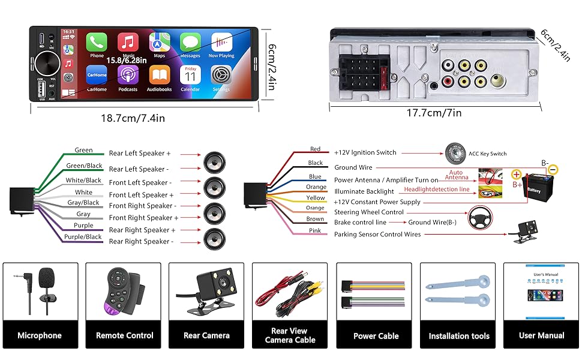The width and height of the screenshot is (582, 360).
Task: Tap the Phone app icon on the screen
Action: pos(97,43)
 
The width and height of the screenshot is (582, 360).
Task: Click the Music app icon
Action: pos(128,43)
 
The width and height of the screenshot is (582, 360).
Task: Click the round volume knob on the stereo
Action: pos(46,62)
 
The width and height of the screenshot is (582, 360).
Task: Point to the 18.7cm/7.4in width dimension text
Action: pos(133,118)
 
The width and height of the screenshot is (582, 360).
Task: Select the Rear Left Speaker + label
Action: pos(140,154)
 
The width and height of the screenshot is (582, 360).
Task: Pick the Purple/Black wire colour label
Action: pos(83,237)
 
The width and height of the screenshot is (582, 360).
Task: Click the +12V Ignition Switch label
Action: pos(365,152)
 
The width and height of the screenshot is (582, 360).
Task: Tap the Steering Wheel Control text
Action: pos(369,212)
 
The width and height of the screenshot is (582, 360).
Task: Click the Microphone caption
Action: pos(40,336)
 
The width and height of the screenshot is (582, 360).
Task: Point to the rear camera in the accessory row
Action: pos(206,292)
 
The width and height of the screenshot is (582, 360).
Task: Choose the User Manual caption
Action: pos(542,336)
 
